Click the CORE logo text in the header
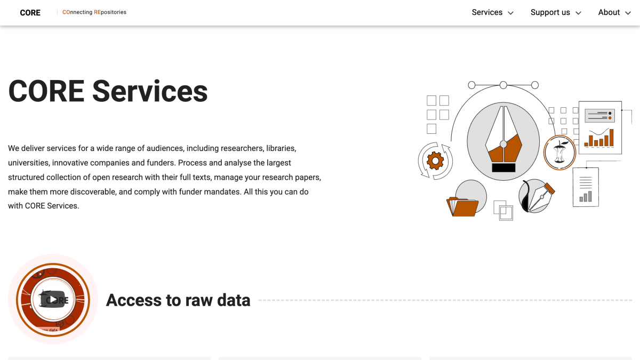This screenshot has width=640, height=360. coord(30,13)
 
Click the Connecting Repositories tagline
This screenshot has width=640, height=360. coord(94,12)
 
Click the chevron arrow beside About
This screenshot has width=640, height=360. coord(628,13)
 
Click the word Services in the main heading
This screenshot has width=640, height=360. coord(150,91)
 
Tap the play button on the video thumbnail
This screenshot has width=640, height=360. coord(53,300)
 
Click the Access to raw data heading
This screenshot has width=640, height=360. coord(178,300)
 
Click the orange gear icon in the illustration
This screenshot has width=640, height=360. coord(435,161)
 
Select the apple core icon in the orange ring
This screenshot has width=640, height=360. coord(559,153)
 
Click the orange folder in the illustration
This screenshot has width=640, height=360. coord(462,206)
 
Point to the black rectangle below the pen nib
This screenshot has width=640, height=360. coord(503,167)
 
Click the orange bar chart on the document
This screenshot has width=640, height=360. coord(599,139)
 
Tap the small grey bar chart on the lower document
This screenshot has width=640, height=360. coord(586,197)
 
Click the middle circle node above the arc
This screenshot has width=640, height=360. coord(503,85)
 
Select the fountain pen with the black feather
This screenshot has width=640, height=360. coord(537,197)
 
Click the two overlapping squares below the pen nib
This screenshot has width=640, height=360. coord(503,210)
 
